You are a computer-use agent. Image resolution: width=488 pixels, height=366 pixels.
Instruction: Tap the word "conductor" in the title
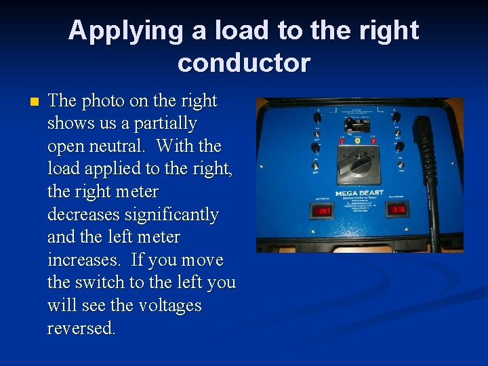coord(244,63)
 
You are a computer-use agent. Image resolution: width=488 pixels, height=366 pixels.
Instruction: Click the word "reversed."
coord(81,329)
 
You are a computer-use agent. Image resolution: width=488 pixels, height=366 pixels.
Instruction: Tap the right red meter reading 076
coord(399,210)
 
